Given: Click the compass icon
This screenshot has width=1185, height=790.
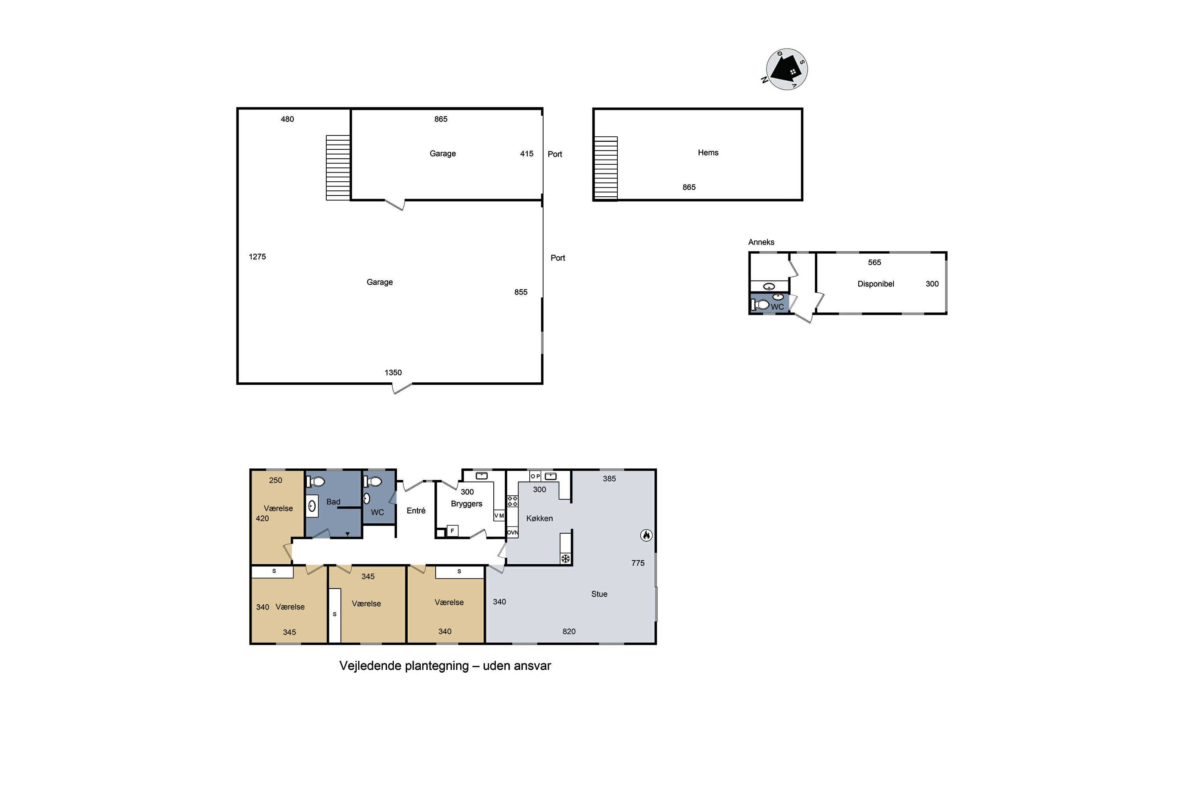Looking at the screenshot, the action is coord(786,70).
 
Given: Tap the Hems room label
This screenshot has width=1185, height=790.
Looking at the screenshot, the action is coord(708,152).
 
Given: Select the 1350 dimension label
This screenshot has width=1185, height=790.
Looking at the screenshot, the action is coord(393,373).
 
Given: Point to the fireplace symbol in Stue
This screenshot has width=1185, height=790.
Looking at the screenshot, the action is coord(646,535).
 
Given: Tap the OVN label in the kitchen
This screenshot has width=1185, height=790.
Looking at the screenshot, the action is coord(512,532).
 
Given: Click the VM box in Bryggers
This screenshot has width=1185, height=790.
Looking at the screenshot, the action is coord(499,516).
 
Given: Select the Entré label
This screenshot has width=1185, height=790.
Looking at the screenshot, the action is coord(416,511).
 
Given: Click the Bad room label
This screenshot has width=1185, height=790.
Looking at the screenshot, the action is coord(333,502).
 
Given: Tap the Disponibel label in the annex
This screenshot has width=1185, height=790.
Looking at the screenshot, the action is coord(876,284).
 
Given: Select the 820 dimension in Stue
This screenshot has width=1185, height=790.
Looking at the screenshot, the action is coord(569,632).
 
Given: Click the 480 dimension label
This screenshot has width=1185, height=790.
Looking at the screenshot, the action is coord(287,119).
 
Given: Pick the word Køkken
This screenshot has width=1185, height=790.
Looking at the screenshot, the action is coord(540,518).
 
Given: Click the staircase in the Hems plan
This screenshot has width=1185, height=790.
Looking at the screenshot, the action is coord(606,169).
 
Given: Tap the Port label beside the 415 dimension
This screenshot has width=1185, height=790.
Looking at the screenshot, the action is coord(555,154).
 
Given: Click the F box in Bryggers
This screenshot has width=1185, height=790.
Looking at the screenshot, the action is coord(452,531).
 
